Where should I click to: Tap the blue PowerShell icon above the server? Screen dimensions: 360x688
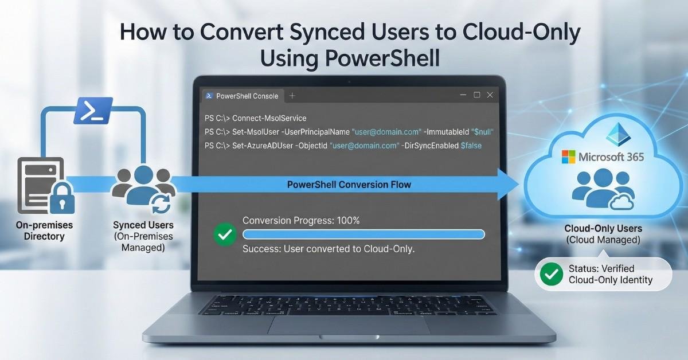pos(93,111)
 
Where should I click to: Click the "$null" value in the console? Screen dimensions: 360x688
pos(482,132)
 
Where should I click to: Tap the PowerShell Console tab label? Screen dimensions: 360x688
pos(247,96)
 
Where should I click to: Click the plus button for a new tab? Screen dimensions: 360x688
pos(292,96)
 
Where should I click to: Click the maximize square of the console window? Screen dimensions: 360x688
pos(476,95)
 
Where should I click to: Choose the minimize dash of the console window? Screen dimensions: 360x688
pos(462,96)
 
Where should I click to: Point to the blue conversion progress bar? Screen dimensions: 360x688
pos(363,234)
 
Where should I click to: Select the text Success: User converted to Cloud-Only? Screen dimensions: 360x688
pos(329,249)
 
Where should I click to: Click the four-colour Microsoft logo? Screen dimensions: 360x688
pos(568,156)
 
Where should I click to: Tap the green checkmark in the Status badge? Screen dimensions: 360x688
pos(552,275)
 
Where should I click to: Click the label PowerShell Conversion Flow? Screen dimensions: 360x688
pos(349,185)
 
